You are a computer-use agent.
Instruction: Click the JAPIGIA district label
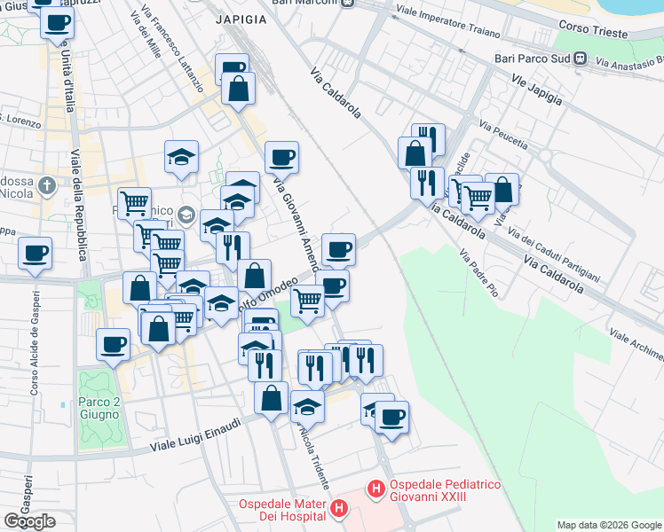[240, 18]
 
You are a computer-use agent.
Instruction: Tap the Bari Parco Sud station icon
[581, 59]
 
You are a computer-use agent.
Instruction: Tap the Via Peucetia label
[503, 136]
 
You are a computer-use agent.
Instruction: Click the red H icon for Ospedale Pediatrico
[375, 489]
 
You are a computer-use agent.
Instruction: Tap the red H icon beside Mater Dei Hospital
[338, 508]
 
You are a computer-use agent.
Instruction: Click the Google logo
[29, 521]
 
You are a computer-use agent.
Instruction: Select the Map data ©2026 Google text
[609, 525]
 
